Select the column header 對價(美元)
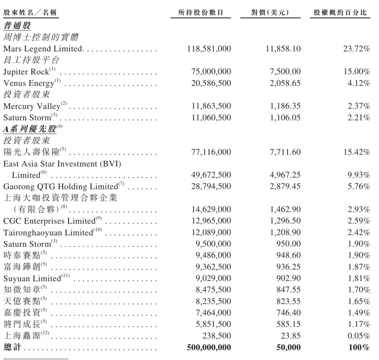point(271,13)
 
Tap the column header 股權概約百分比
point(340,13)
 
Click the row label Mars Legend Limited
point(43,49)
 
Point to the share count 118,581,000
point(210,49)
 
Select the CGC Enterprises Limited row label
point(53,221)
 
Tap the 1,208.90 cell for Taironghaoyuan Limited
point(286,232)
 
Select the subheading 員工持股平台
point(31,60)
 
